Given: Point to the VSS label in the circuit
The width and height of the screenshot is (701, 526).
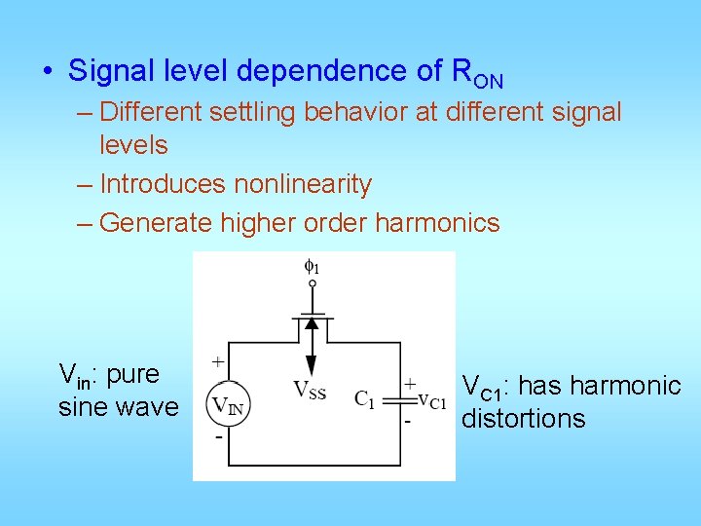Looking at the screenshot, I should click(310, 391).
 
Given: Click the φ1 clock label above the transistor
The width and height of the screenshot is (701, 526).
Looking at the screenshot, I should click(312, 265).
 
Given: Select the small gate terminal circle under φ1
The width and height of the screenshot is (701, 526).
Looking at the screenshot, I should click(312, 283).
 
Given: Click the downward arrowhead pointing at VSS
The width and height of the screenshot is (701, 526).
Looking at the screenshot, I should click(312, 366).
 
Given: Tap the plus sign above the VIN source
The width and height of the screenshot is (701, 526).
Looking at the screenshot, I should click(218, 362).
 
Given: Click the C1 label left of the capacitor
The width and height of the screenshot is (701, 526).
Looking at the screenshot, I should click(365, 398).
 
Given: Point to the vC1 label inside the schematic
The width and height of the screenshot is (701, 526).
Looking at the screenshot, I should click(431, 399).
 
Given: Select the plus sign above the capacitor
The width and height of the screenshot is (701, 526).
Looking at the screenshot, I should click(410, 384).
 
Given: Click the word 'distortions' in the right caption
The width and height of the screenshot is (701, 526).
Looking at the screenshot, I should click(524, 419).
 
